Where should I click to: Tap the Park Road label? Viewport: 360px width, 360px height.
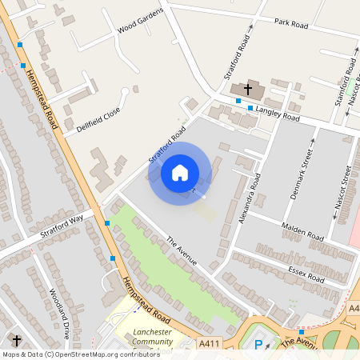291,24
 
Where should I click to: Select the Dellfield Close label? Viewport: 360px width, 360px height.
98,119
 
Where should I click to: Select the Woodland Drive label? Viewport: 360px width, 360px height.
60,313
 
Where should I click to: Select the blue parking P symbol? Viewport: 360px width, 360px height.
258,346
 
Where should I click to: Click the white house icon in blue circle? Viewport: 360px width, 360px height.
180,172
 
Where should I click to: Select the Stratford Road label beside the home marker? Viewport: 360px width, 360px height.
167,145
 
